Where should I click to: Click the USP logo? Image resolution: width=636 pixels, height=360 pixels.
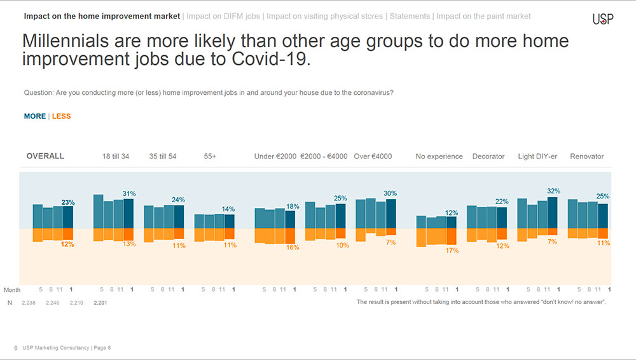[x=603, y=19]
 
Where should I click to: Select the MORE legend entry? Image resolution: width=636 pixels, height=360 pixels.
[x=35, y=116]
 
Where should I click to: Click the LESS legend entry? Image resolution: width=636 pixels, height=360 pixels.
[x=61, y=116]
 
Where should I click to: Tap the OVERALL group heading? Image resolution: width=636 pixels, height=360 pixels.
[x=45, y=156]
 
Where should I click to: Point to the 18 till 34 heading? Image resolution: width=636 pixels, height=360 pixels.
[x=116, y=156]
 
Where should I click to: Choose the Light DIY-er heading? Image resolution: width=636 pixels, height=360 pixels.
[x=537, y=156]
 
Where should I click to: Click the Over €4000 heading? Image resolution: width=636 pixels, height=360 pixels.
[x=373, y=156]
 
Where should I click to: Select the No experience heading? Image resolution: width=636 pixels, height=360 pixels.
[x=439, y=156]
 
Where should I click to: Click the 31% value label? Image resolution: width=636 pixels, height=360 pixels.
[x=129, y=194]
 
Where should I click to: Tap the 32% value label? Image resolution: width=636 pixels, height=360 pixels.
[x=554, y=191]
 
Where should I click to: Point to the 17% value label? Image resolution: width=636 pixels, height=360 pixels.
[x=452, y=251]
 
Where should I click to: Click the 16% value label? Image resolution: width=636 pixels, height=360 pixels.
[x=293, y=247]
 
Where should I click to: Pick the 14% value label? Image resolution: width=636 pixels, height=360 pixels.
[x=228, y=209]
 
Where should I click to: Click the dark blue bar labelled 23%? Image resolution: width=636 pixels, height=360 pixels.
[x=68, y=217]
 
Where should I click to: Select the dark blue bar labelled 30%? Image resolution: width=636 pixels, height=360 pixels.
[x=391, y=214]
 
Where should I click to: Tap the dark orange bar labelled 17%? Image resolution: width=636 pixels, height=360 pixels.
[x=452, y=237]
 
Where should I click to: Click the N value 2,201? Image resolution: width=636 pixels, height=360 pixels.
[x=100, y=303]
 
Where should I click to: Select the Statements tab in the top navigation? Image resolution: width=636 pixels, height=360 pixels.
[x=410, y=17]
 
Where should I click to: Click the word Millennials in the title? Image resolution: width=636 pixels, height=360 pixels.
[x=66, y=41]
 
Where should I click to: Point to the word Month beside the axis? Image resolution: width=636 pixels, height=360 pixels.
[x=12, y=290]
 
